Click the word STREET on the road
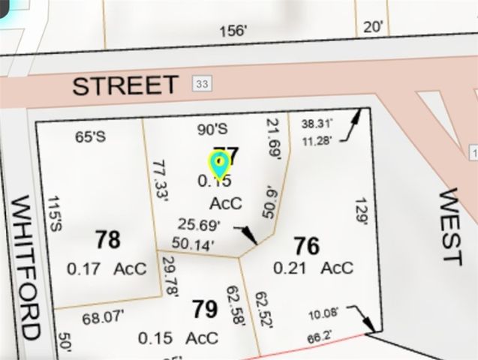click(x=125, y=85)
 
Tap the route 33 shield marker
click(x=200, y=83)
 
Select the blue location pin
click(x=218, y=163)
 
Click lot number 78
click(x=107, y=240)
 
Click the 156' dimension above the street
click(x=233, y=31)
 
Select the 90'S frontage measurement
click(x=212, y=129)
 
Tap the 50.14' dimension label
click(x=193, y=243)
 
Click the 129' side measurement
click(x=362, y=211)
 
